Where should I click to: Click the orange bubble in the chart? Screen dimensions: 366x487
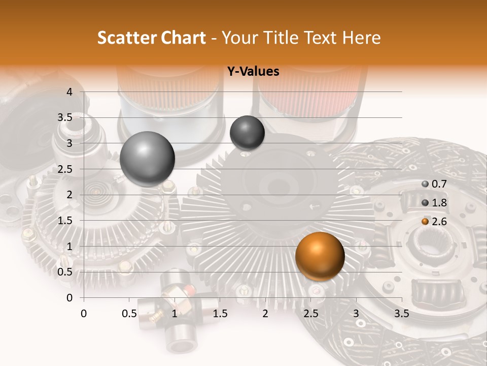click(x=320, y=256)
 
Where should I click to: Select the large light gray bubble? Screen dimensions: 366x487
click(x=147, y=159)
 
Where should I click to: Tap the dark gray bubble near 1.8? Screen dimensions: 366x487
click(x=247, y=133)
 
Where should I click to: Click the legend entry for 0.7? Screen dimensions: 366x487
click(x=433, y=184)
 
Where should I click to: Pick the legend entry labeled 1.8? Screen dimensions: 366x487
click(x=433, y=202)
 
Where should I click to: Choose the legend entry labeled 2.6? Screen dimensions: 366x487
click(x=433, y=221)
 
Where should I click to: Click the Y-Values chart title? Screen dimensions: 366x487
click(x=253, y=72)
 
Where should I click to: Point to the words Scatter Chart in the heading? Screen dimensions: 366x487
click(x=152, y=38)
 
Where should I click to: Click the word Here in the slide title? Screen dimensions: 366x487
click(x=361, y=38)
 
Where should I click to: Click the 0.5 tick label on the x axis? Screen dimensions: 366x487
click(x=129, y=314)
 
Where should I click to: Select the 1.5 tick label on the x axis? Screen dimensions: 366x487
click(x=220, y=314)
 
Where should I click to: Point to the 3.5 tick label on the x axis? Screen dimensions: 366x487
click(x=401, y=314)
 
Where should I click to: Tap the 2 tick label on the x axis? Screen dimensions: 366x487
click(x=265, y=314)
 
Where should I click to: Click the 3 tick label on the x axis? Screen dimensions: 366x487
click(x=356, y=314)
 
